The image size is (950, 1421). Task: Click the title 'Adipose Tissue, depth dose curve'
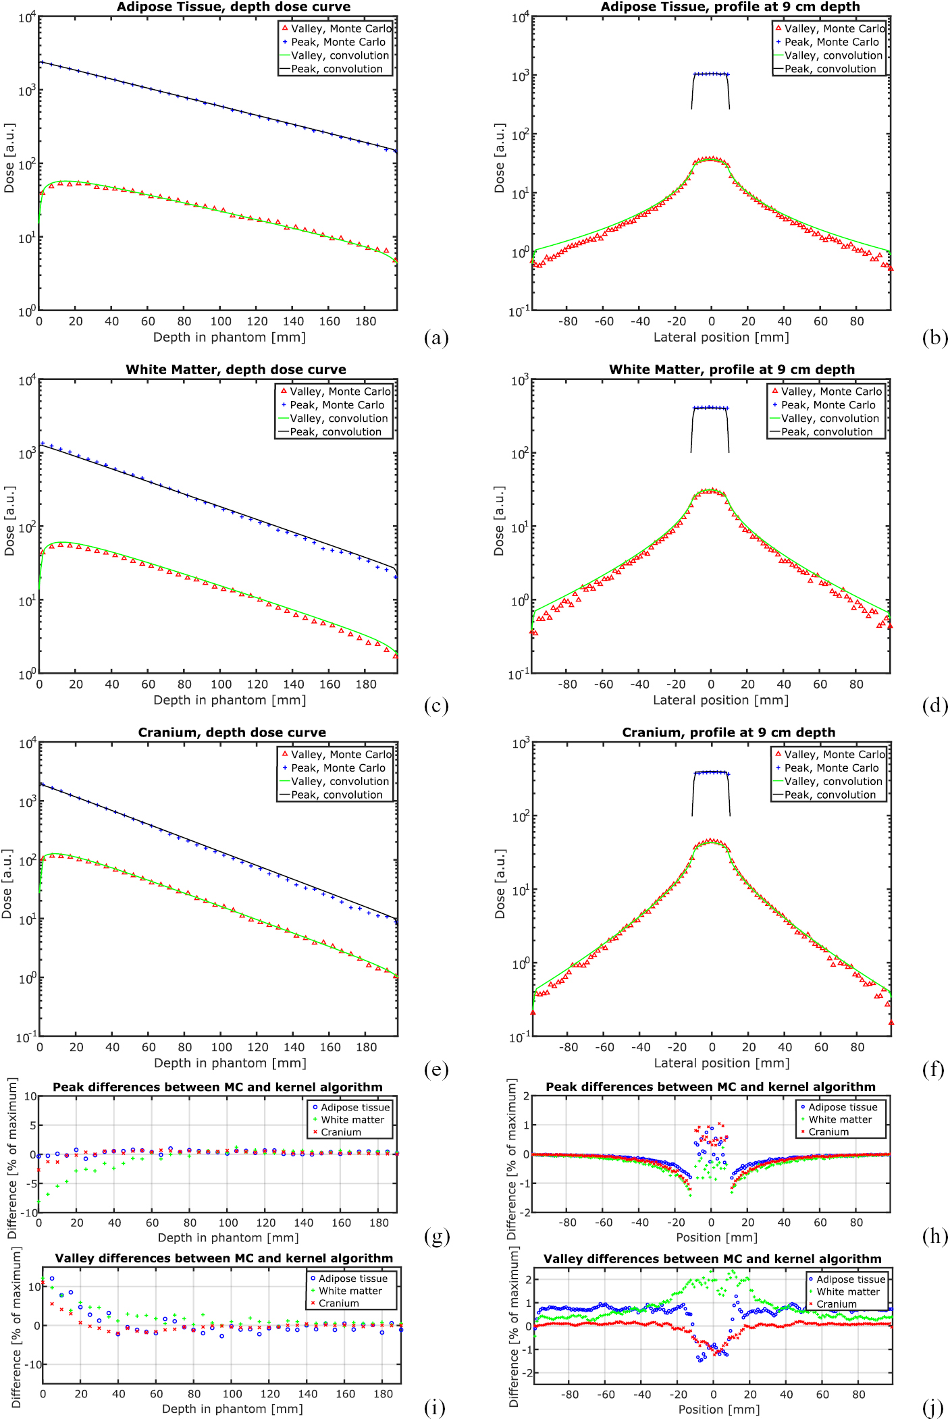pyautogui.click(x=234, y=7)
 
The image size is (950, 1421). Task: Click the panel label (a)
pyautogui.click(x=436, y=338)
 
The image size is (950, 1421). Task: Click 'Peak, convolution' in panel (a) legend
pyautogui.click(x=337, y=69)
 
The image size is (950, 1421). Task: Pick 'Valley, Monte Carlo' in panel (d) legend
pyautogui.click(x=832, y=392)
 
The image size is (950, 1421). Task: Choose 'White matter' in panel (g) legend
pyautogui.click(x=352, y=1119)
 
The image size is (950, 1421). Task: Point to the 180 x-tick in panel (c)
pyautogui.click(x=366, y=685)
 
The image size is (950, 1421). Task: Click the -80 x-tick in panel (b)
pyautogui.click(x=568, y=322)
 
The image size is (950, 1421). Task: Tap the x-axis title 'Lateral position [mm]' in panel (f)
pyautogui.click(x=722, y=1063)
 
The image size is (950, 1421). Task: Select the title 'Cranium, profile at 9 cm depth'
pyautogui.click(x=729, y=732)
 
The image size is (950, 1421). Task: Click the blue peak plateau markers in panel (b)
pyautogui.click(x=711, y=74)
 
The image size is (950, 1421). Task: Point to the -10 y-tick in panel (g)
pyautogui.click(x=28, y=1212)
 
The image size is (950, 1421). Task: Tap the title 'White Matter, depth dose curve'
pyautogui.click(x=236, y=370)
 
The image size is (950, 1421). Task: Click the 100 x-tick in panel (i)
pyautogui.click(x=232, y=1393)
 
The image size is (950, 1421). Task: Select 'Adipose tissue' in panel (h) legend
pyautogui.click(x=843, y=1107)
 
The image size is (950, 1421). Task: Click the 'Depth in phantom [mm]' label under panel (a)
pyautogui.click(x=230, y=338)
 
